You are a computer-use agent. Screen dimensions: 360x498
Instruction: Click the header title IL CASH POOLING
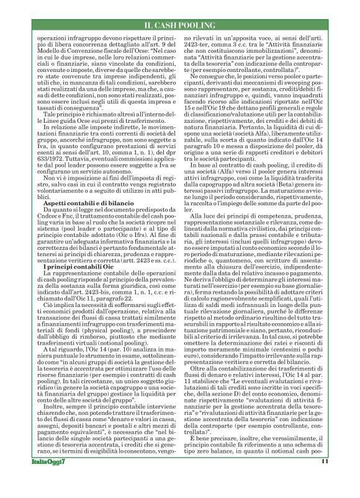[x=179, y=24]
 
